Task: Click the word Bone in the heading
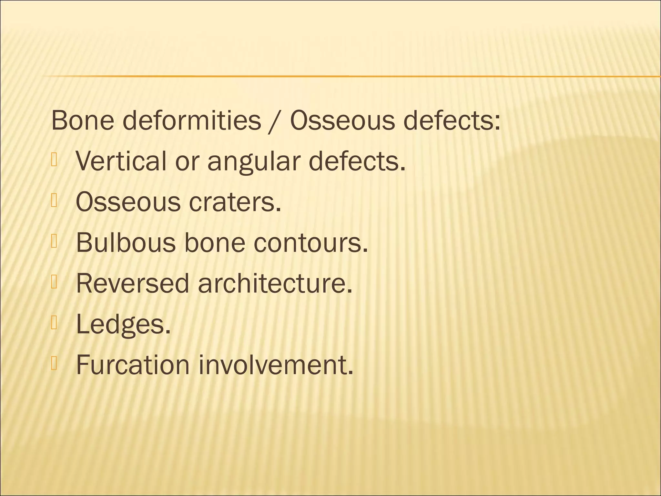click(x=83, y=120)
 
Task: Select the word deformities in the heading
click(x=192, y=120)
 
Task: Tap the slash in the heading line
click(x=275, y=121)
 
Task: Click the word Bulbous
click(x=126, y=243)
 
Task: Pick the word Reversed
click(x=132, y=283)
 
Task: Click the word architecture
click(x=275, y=283)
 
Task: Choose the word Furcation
click(x=133, y=365)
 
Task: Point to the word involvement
click(x=276, y=365)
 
